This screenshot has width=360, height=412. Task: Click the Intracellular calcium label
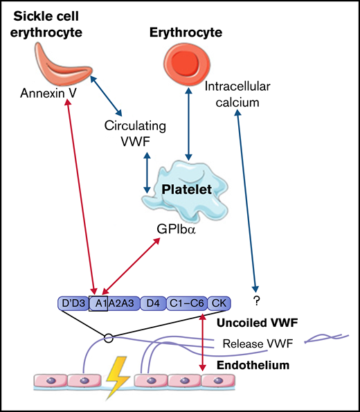pyautogui.click(x=235, y=95)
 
